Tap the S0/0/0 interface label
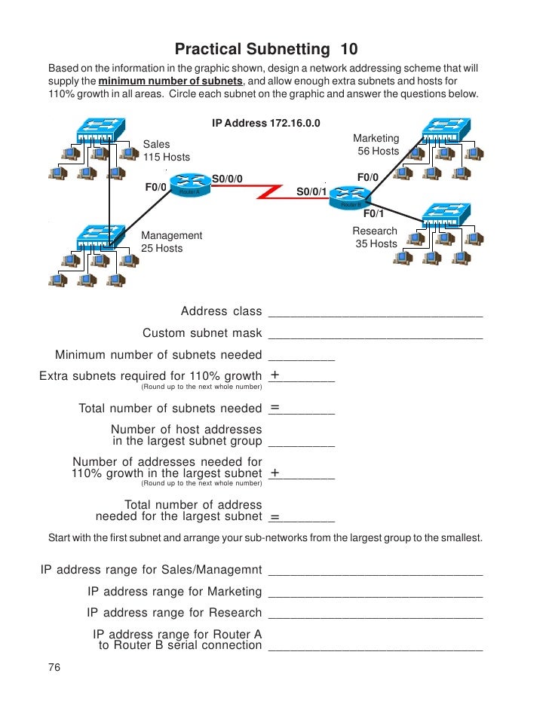pyautogui.click(x=228, y=179)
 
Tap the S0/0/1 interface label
pyautogui.click(x=311, y=191)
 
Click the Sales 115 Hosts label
pyautogui.click(x=166, y=151)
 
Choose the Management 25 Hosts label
pyautogui.click(x=171, y=242)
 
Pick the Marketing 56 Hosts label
pyautogui.click(x=376, y=145)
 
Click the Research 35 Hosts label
pyautogui.click(x=375, y=237)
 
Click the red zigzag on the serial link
pyautogui.click(x=267, y=191)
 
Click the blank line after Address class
pyautogui.click(x=375, y=315)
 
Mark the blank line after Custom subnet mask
pyautogui.click(x=375, y=337)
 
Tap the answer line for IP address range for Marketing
pyautogui.click(x=375, y=595)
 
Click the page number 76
pyautogui.click(x=54, y=668)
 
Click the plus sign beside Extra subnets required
pyautogui.click(x=275, y=375)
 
